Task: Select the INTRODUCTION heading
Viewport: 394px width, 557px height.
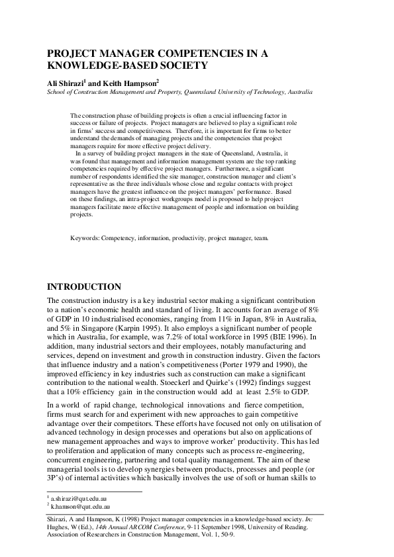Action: click(x=83, y=287)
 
